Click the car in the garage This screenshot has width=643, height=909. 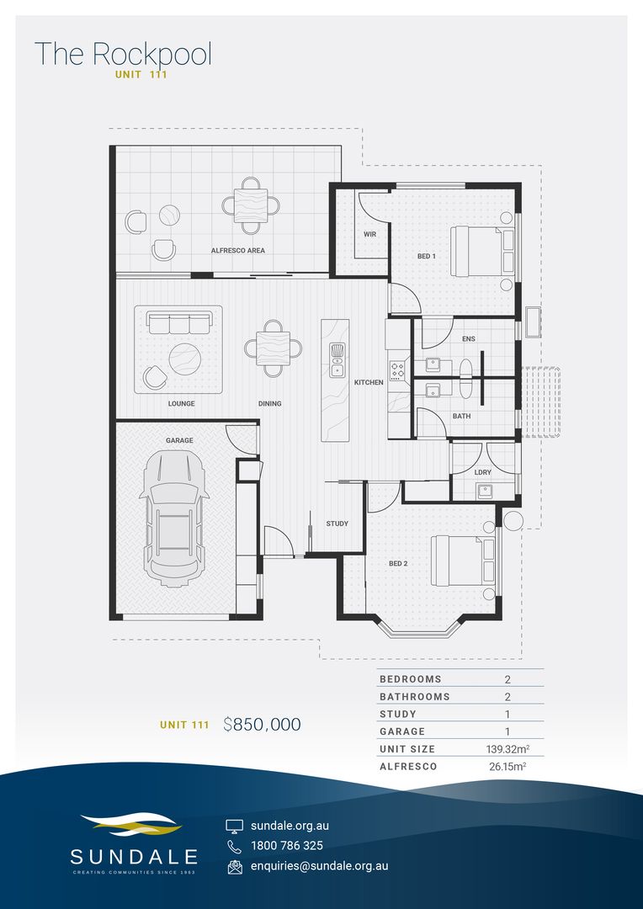(173, 518)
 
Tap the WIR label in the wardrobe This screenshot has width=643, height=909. (370, 235)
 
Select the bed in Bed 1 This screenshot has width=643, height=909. (482, 251)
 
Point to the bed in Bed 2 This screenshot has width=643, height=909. (463, 560)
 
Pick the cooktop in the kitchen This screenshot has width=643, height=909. (398, 371)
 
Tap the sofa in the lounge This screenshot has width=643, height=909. (179, 322)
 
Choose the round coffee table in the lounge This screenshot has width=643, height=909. (185, 359)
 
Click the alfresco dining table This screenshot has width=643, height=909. (251, 205)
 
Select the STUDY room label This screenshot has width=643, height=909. (337, 524)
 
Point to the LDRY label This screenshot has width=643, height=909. (482, 472)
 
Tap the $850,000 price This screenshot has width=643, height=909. (262, 724)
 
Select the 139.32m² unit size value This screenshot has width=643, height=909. (507, 749)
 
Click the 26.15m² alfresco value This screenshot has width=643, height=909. (507, 767)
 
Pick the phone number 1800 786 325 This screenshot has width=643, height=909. (287, 845)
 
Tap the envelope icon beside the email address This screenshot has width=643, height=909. (235, 866)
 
